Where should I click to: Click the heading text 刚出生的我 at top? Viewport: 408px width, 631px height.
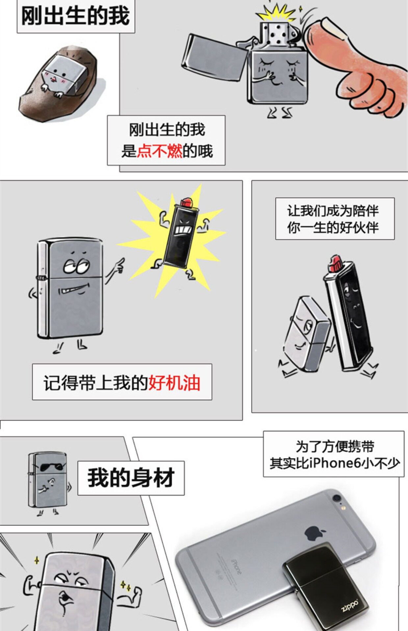75,16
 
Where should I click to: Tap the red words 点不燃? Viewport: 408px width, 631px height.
160,151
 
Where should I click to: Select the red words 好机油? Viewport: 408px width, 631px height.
174,383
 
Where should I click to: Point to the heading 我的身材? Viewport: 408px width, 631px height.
131,478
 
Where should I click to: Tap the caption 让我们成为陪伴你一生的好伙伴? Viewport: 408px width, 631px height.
334,219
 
